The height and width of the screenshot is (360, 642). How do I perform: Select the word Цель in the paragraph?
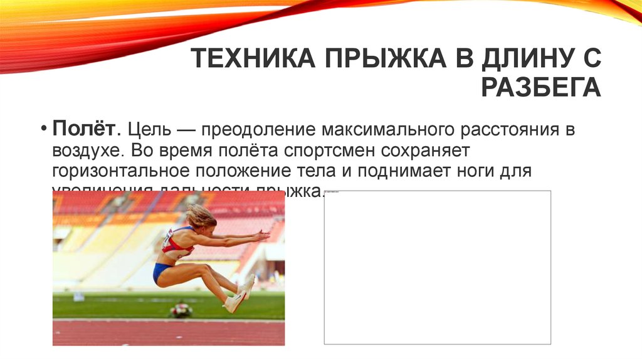click(x=148, y=130)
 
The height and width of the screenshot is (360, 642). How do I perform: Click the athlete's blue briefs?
click(x=162, y=272)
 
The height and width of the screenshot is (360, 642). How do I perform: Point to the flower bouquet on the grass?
click(x=181, y=309)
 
